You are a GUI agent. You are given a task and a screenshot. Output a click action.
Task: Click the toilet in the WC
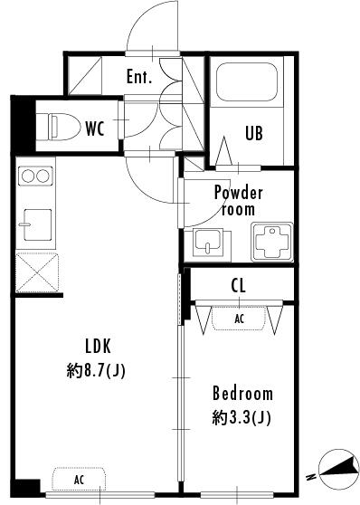point(64,128)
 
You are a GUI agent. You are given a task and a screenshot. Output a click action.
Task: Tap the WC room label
point(95,129)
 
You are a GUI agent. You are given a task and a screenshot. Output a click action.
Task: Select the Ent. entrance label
point(138,77)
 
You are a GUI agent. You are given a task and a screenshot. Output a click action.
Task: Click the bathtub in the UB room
point(247,81)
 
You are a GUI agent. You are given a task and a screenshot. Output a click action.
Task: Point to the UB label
point(254,133)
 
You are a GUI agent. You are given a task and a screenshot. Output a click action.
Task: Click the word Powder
point(238,193)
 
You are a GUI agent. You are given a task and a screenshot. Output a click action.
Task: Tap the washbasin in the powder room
point(208,243)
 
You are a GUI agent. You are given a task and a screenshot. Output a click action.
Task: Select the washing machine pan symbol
point(272,242)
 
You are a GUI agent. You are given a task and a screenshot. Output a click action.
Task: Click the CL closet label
point(238,285)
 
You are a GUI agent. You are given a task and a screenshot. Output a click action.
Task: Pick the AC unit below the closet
point(239,319)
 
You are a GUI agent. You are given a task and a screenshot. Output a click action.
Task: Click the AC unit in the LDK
point(80,480)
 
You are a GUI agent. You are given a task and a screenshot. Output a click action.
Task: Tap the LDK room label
point(98,347)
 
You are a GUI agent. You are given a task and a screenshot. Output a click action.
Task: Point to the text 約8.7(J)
point(96,371)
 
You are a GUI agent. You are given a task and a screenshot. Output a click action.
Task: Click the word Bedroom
point(242,394)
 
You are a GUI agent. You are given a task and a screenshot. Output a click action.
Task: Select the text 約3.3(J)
point(242,418)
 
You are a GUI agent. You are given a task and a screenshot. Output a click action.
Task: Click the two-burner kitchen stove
point(35,176)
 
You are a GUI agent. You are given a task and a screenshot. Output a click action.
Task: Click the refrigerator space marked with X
point(37,272)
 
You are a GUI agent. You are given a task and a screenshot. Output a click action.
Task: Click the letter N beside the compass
point(311,476)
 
